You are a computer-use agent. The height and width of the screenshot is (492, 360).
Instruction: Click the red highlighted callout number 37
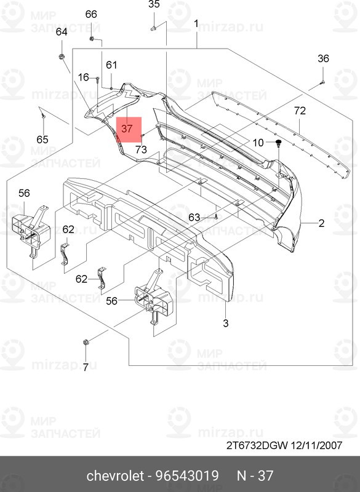point(127,129)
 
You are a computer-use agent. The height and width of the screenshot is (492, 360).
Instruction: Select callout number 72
point(300,111)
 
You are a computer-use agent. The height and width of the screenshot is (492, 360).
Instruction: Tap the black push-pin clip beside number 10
point(278,143)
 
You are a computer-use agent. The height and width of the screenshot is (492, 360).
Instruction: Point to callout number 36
point(323,59)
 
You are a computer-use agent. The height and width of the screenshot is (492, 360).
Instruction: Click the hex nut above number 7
point(86,342)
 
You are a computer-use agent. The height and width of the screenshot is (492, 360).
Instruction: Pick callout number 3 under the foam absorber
point(225,323)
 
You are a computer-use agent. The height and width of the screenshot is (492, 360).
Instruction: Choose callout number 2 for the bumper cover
point(321,224)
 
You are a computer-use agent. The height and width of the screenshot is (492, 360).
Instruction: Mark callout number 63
point(194,217)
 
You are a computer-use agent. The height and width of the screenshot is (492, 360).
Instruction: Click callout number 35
point(154,5)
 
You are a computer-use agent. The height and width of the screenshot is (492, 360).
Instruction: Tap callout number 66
point(91,14)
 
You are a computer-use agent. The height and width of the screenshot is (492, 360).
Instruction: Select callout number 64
point(62,32)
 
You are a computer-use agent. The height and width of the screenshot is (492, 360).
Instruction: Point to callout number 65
point(41,138)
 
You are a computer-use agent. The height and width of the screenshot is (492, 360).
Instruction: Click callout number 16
point(83,77)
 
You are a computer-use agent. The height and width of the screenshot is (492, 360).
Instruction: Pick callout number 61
point(111,65)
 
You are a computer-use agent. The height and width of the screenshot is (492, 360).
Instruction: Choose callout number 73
point(141,149)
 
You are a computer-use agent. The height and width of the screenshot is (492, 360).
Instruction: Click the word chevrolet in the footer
point(115,476)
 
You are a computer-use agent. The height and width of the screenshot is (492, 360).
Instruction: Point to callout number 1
point(196,24)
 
